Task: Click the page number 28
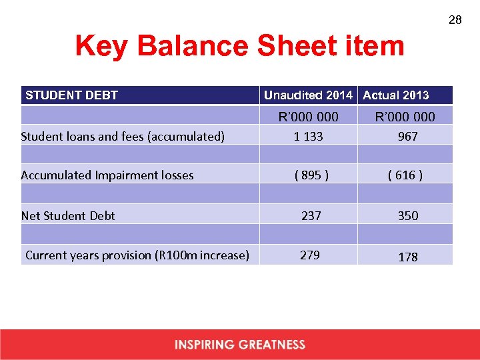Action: click(455, 21)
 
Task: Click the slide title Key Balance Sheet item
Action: click(239, 46)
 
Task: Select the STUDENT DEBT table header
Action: click(71, 95)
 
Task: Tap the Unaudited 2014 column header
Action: click(308, 95)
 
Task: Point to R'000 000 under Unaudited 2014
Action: click(308, 117)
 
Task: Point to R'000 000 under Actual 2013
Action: click(405, 117)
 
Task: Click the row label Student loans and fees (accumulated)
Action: click(123, 137)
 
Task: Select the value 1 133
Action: click(308, 136)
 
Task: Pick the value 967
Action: click(407, 136)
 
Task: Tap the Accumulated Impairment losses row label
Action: click(107, 175)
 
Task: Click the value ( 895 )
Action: click(311, 175)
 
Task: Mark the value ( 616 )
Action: click(405, 175)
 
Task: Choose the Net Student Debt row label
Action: click(68, 215)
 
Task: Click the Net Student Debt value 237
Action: click(311, 215)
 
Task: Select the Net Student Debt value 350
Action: click(408, 215)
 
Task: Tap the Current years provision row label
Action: click(137, 255)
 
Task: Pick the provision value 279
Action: click(310, 255)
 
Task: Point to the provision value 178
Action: click(408, 257)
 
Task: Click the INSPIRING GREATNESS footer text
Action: click(240, 345)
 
